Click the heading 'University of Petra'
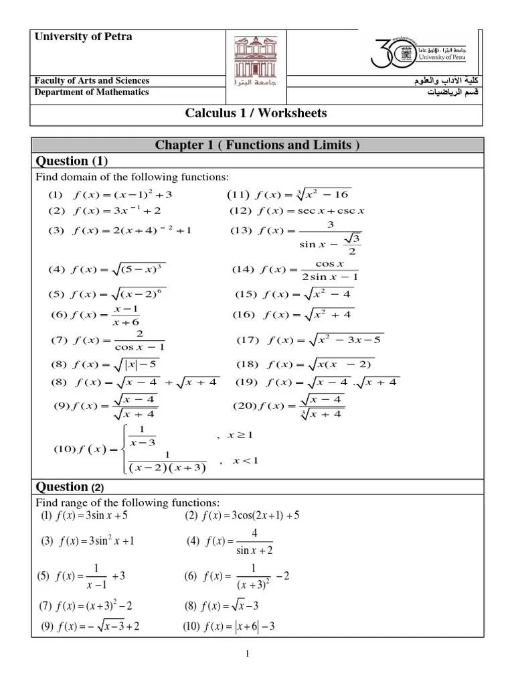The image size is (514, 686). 84,37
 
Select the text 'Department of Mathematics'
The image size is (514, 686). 92,92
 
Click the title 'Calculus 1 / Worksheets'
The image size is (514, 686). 256,113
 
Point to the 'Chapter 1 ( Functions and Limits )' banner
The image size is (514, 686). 257,146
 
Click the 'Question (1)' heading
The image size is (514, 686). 71,161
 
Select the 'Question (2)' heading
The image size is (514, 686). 68,487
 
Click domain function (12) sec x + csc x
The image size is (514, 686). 297,211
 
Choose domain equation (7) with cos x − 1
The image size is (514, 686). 108,340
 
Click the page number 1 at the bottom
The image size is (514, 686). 247,655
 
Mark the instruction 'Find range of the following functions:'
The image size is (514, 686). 127,502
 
